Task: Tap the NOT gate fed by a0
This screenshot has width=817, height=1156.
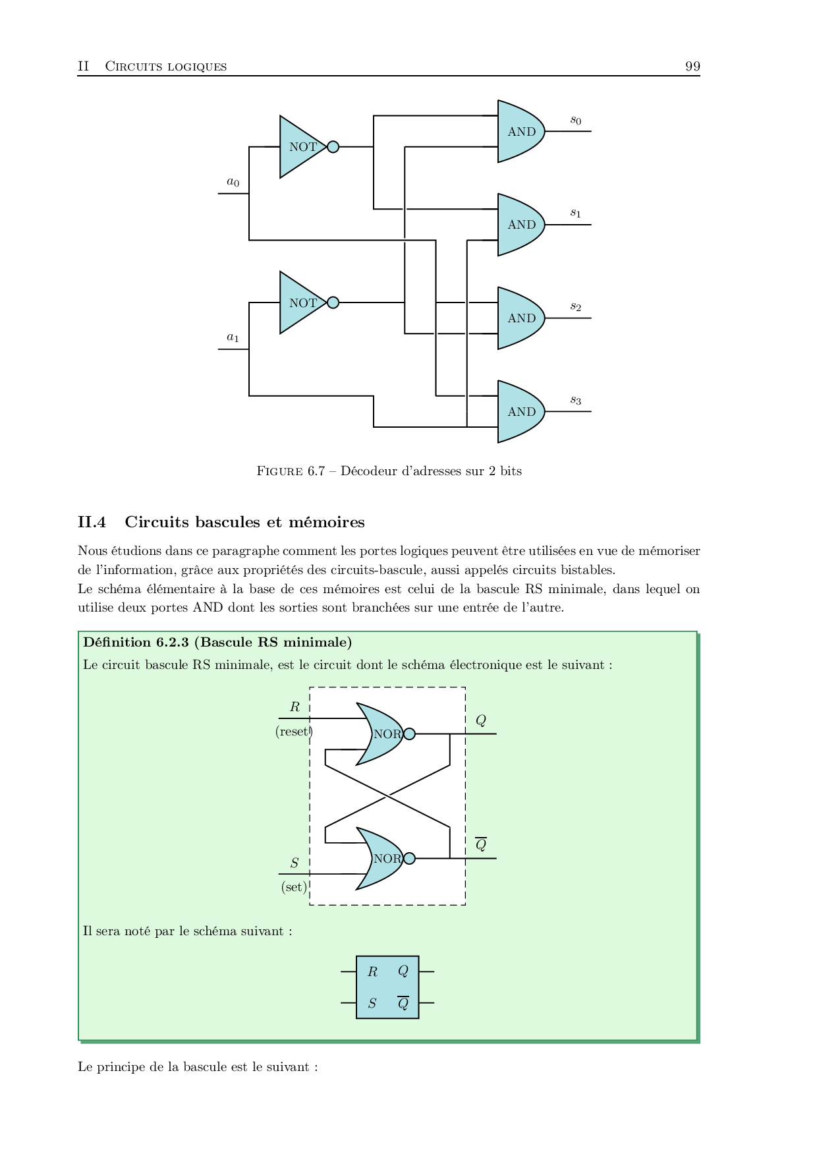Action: click(x=302, y=147)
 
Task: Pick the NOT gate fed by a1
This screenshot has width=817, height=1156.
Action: click(x=302, y=303)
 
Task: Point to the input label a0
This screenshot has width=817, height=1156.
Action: click(x=233, y=182)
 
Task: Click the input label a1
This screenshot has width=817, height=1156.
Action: click(x=233, y=337)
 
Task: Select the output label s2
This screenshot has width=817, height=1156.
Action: click(x=576, y=306)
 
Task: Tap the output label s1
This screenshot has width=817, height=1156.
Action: click(x=576, y=213)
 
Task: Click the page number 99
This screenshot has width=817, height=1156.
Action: click(x=692, y=66)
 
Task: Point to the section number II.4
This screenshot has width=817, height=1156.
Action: click(x=92, y=522)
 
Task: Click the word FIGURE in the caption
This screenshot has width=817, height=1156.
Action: click(x=280, y=471)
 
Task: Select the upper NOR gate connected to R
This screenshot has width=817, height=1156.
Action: click(x=381, y=734)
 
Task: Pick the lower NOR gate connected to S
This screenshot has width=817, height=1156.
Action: click(x=381, y=858)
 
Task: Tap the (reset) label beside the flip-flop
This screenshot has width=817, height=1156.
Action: click(x=293, y=732)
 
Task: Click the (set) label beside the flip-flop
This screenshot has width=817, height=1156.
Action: click(x=294, y=887)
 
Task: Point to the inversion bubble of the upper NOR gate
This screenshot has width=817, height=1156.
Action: click(x=409, y=734)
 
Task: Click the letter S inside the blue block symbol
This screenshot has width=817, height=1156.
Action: click(x=372, y=1003)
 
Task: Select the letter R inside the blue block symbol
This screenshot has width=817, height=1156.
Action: click(x=372, y=971)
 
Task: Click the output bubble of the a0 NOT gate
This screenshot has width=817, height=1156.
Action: click(x=333, y=147)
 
